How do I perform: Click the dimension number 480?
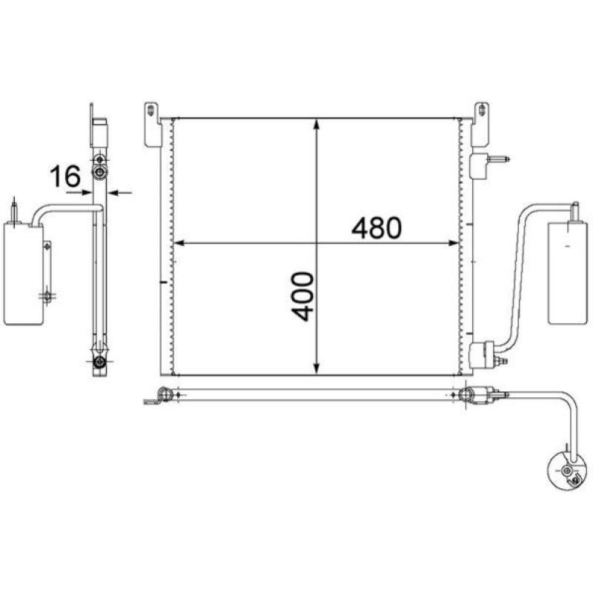tap(376, 228)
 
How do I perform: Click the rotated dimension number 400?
tap(302, 296)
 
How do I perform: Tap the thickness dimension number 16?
tap(65, 176)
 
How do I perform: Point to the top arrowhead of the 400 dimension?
tap(317, 125)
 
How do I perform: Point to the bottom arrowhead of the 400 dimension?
tap(317, 368)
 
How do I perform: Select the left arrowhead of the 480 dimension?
tap(179, 243)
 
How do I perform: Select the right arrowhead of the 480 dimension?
tap(453, 243)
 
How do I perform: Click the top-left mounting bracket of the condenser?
tap(153, 125)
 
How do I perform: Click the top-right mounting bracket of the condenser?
tap(480, 125)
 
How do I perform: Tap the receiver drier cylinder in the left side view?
tap(23, 274)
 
